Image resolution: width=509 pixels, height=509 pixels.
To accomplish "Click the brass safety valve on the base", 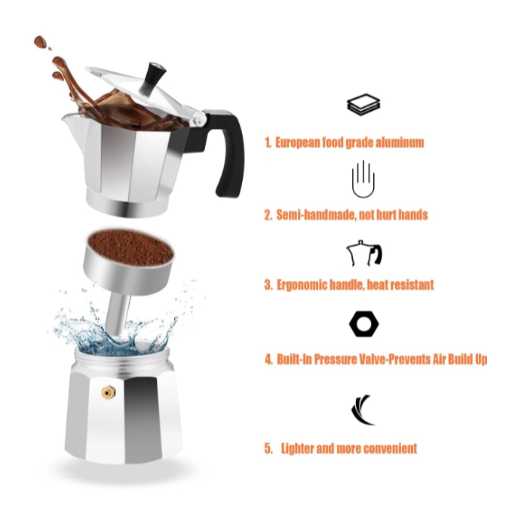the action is (x=109, y=392).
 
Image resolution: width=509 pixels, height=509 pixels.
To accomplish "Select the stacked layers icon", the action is (x=363, y=105).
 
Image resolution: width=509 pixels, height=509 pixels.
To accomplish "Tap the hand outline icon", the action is (x=363, y=179).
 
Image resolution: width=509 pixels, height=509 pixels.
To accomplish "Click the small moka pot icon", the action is (x=364, y=253).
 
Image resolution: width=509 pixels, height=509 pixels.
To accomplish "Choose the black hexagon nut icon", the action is (x=364, y=323).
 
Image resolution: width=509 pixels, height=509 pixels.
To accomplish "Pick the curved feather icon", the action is (x=362, y=410).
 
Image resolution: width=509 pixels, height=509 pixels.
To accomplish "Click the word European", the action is (x=298, y=143).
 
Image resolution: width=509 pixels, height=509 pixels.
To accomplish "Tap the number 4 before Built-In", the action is (x=268, y=360).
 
